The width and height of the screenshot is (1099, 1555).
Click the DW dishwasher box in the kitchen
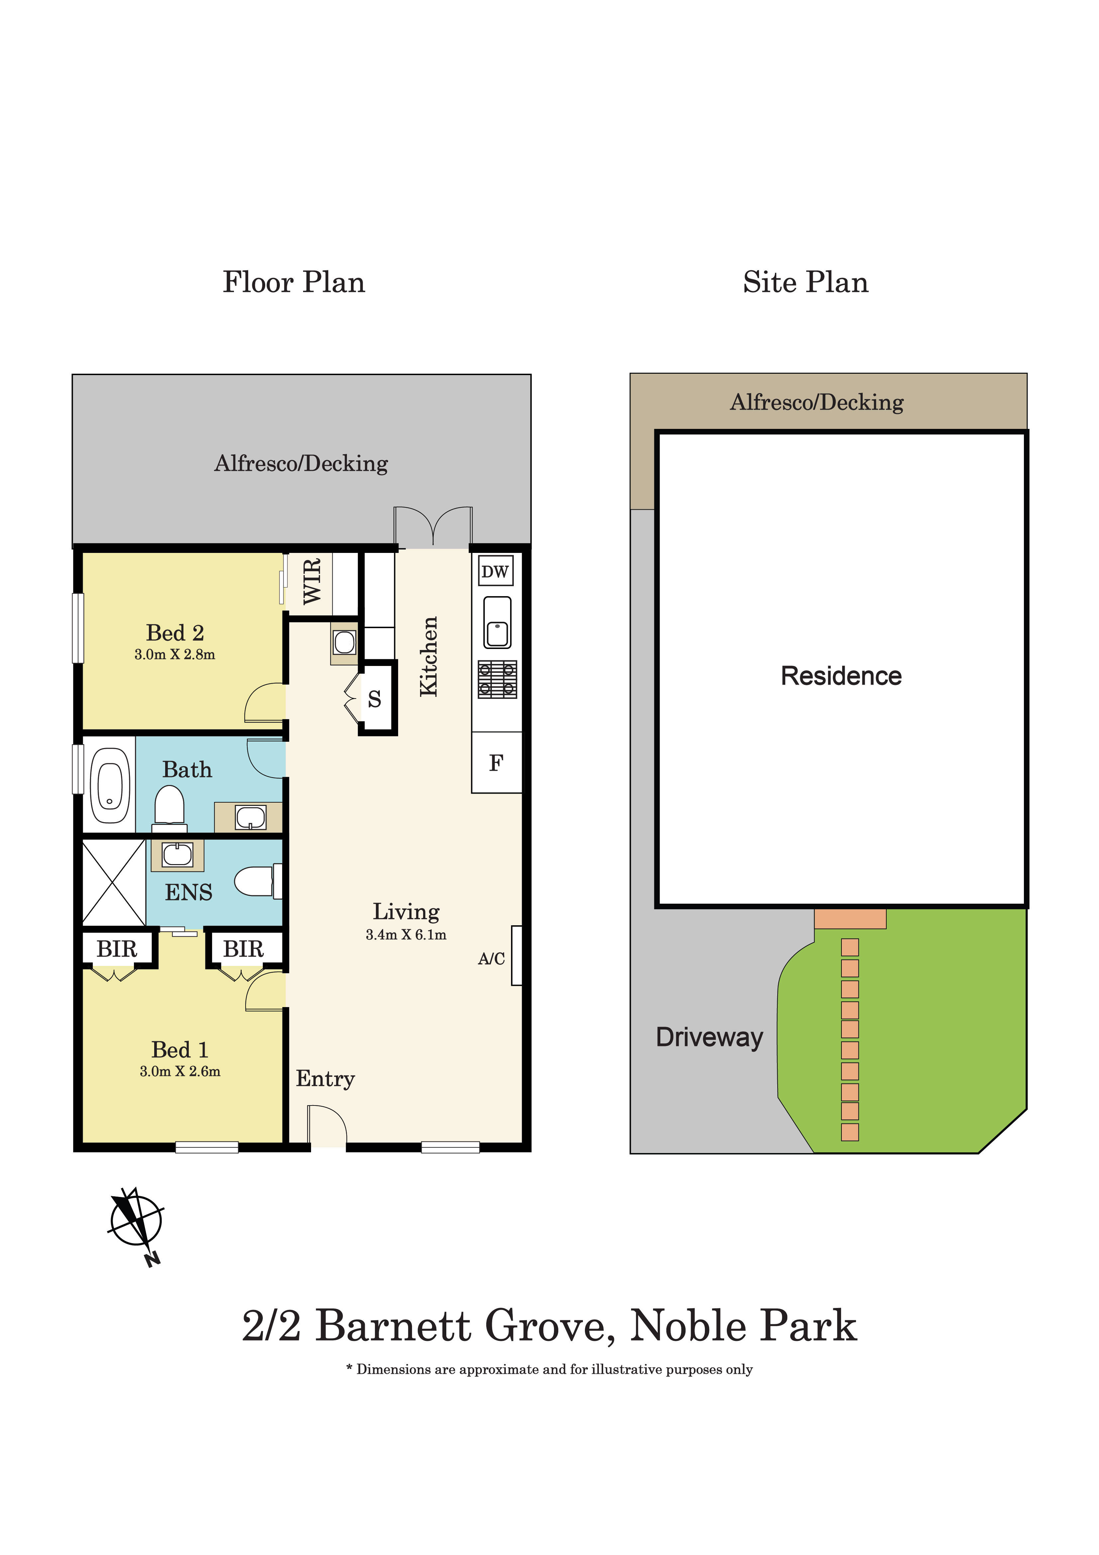[x=495, y=571]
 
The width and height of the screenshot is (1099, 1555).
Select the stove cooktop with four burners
[x=497, y=679]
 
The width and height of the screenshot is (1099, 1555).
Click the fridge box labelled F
[x=496, y=763]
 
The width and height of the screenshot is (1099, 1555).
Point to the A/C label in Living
[x=491, y=958]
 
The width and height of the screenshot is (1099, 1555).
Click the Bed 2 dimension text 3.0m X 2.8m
[x=175, y=654]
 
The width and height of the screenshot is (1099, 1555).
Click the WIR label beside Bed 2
[x=311, y=581]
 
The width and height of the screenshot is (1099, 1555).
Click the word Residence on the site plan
[x=841, y=676]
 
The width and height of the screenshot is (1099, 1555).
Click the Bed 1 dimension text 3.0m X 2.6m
[x=180, y=1072]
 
